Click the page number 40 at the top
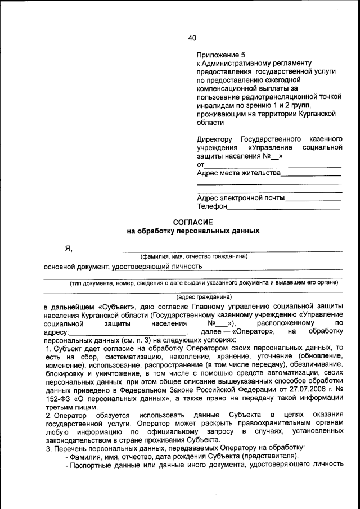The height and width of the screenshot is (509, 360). (x=192, y=38)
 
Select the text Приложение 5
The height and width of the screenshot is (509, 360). (x=221, y=55)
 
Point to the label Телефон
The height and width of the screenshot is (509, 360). (x=211, y=206)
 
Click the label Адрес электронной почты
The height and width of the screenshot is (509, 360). (x=241, y=198)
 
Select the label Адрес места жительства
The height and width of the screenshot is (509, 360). (x=238, y=173)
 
